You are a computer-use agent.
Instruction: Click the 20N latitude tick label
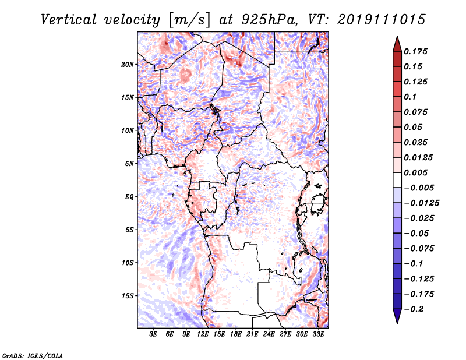[x=128, y=64]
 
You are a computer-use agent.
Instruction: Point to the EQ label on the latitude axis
[x=129, y=197]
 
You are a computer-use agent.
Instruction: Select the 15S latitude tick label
[x=128, y=296]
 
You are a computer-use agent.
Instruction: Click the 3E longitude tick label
[x=154, y=335]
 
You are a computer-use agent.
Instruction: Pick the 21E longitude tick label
[x=252, y=335]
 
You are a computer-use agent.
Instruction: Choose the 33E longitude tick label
[x=318, y=335]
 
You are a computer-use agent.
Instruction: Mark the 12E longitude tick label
[x=203, y=335]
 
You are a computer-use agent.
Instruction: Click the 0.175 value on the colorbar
[x=417, y=51]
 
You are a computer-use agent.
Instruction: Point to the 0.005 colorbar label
[x=417, y=172]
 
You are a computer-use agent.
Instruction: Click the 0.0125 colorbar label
[x=419, y=157]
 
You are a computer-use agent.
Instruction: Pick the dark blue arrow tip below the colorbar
[x=397, y=319]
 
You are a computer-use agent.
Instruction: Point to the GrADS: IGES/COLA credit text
[x=32, y=355]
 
